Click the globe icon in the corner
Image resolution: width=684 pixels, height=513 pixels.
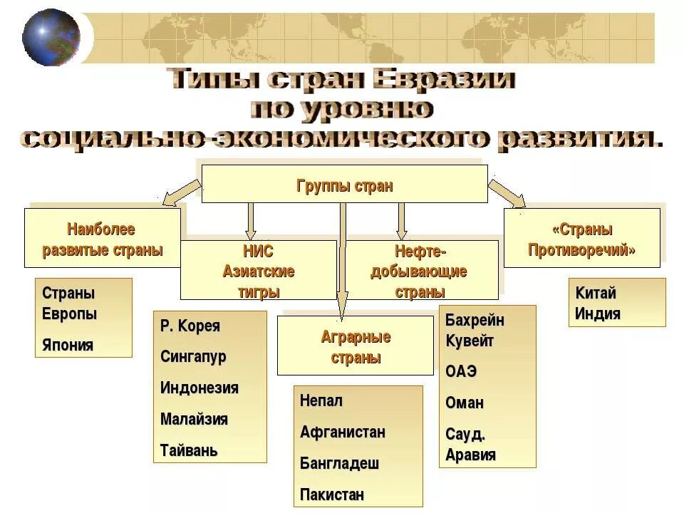(51, 37)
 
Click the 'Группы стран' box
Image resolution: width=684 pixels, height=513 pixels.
(344, 185)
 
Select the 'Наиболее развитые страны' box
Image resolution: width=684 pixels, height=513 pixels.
(103, 239)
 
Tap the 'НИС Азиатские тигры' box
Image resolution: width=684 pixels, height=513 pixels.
(258, 270)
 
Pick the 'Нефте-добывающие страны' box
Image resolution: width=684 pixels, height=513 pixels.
(420, 270)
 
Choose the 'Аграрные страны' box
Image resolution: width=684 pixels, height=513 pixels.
(355, 346)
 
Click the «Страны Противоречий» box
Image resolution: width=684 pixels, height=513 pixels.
(581, 239)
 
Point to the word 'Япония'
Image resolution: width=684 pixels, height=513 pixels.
(68, 346)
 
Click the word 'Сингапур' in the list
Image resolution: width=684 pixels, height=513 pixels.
(193, 357)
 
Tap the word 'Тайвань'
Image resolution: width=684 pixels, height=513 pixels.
(189, 450)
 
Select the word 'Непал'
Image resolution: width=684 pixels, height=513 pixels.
(321, 400)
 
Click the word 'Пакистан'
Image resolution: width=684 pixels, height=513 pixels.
(332, 494)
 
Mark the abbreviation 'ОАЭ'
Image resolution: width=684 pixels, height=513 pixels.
(461, 373)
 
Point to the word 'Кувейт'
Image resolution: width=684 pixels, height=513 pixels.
(470, 340)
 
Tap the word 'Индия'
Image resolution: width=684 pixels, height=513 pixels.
(597, 313)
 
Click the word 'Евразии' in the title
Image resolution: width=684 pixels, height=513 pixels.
(444, 79)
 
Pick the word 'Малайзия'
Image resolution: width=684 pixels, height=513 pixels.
(195, 419)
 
